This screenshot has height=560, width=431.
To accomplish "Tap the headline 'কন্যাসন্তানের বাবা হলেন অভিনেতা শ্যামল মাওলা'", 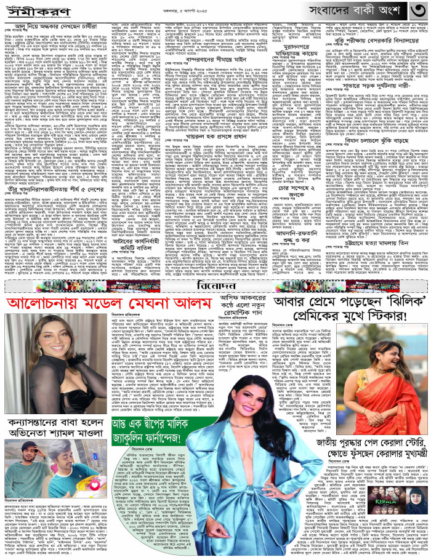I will point(57,411).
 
